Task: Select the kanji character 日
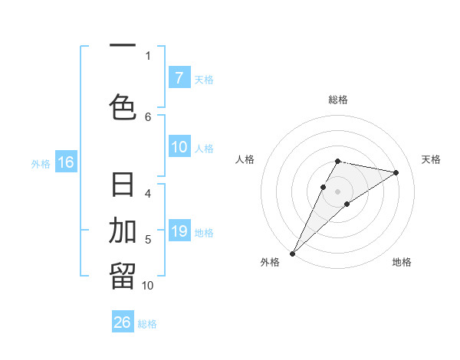pyautogui.click(x=123, y=186)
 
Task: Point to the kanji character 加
pyautogui.click(x=123, y=229)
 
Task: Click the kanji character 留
pyautogui.click(x=123, y=276)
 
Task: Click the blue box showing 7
pyautogui.click(x=179, y=77)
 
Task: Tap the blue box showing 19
pyautogui.click(x=179, y=231)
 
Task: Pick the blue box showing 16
pyautogui.click(x=66, y=162)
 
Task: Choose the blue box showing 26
pyautogui.click(x=123, y=322)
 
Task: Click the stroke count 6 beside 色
pyautogui.click(x=148, y=116)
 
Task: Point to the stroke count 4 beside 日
pyautogui.click(x=148, y=193)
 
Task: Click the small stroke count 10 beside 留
pyautogui.click(x=148, y=285)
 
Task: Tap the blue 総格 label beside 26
pyautogui.click(x=147, y=324)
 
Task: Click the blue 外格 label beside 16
pyautogui.click(x=41, y=163)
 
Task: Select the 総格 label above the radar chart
pyautogui.click(x=338, y=100)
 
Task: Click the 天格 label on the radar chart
pyautogui.click(x=432, y=159)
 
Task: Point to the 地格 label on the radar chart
pyautogui.click(x=402, y=262)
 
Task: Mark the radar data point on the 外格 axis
pyautogui.click(x=292, y=253)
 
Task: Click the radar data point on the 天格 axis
pyautogui.click(x=396, y=172)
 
